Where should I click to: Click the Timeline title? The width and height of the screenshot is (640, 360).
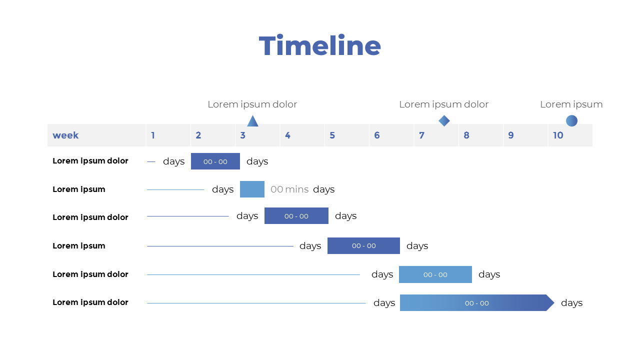click(320, 46)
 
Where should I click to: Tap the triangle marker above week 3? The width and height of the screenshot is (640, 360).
click(252, 121)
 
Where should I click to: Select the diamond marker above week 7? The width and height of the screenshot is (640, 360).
click(444, 120)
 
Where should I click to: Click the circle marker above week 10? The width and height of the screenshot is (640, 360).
click(571, 120)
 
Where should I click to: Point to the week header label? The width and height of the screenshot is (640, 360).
click(65, 135)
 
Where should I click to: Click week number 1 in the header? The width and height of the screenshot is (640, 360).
click(153, 135)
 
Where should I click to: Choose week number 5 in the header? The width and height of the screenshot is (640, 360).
click(332, 135)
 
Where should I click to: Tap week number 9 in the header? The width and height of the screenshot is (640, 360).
click(510, 135)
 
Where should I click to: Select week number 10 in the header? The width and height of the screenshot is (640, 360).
click(558, 135)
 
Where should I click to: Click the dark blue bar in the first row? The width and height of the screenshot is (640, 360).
click(215, 161)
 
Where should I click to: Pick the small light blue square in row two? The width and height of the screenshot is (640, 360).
click(252, 189)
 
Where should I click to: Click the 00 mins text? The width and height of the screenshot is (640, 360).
click(289, 189)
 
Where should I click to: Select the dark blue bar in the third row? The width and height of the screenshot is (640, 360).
click(296, 216)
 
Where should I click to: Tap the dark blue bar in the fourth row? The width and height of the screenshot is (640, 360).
click(363, 246)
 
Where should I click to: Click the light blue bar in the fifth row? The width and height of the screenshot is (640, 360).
click(435, 274)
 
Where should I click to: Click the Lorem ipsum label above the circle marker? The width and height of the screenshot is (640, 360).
click(571, 104)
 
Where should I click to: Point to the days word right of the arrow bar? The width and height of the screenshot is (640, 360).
click(571, 303)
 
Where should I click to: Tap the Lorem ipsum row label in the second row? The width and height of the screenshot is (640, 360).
click(79, 189)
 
